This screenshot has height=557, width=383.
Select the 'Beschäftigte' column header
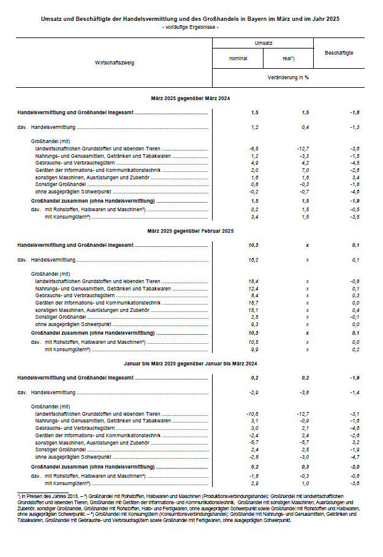(338, 53)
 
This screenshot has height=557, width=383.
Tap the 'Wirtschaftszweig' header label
(115, 63)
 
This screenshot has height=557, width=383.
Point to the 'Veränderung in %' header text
(288, 78)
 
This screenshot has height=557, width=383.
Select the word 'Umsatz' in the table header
(263, 44)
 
